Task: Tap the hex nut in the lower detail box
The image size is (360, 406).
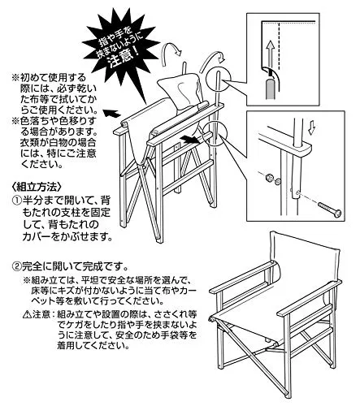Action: coord(268,178)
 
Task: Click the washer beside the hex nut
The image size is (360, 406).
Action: coord(276,182)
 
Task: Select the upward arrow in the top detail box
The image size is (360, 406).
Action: coord(270,56)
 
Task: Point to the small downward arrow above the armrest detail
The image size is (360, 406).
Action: coord(312,128)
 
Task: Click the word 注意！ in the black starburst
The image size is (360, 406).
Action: coord(124,58)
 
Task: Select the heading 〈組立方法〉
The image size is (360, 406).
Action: coord(37,187)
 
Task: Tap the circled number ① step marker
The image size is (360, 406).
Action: coord(17,201)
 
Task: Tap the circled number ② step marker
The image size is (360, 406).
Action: coord(17,267)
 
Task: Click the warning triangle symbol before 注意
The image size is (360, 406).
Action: coord(28,315)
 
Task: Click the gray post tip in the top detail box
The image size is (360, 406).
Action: coord(270,89)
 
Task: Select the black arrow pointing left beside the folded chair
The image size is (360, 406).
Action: coord(111,113)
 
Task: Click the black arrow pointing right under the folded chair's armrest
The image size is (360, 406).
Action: coord(190,140)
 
